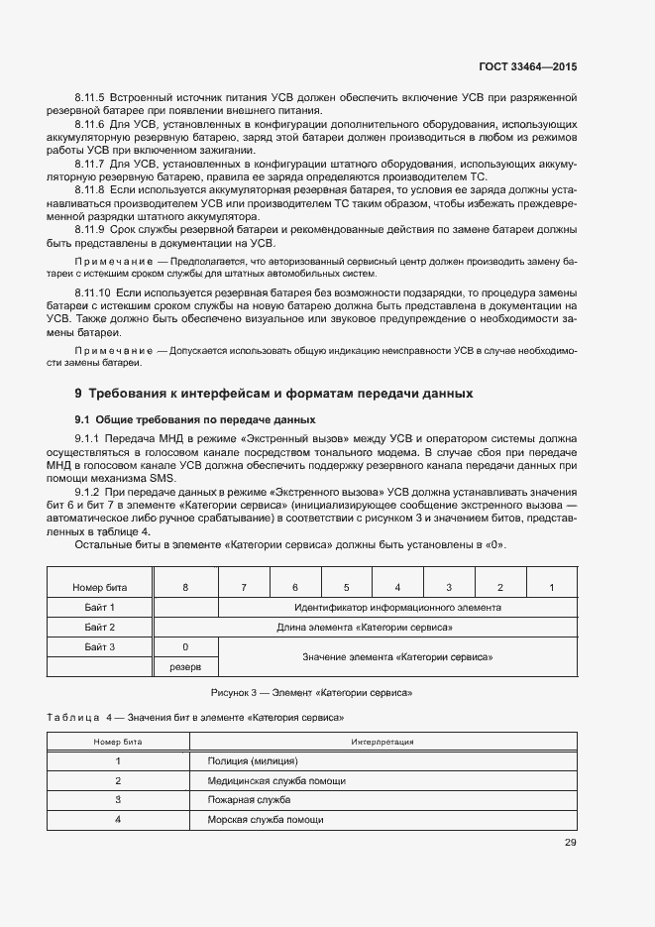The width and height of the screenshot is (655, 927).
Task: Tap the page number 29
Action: point(570,844)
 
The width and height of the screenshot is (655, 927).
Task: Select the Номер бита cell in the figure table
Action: point(100,587)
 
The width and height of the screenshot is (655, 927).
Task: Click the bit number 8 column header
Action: point(185,587)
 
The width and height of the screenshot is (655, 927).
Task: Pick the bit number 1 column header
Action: point(551,587)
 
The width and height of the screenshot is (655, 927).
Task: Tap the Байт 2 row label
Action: point(100,627)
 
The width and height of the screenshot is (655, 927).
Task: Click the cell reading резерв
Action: point(185,667)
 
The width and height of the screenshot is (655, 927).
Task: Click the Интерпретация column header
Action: point(382,741)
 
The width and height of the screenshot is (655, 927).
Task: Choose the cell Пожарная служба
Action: point(249,799)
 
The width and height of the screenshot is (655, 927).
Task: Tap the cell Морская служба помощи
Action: point(265,819)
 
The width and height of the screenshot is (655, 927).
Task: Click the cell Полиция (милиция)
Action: point(253,760)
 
